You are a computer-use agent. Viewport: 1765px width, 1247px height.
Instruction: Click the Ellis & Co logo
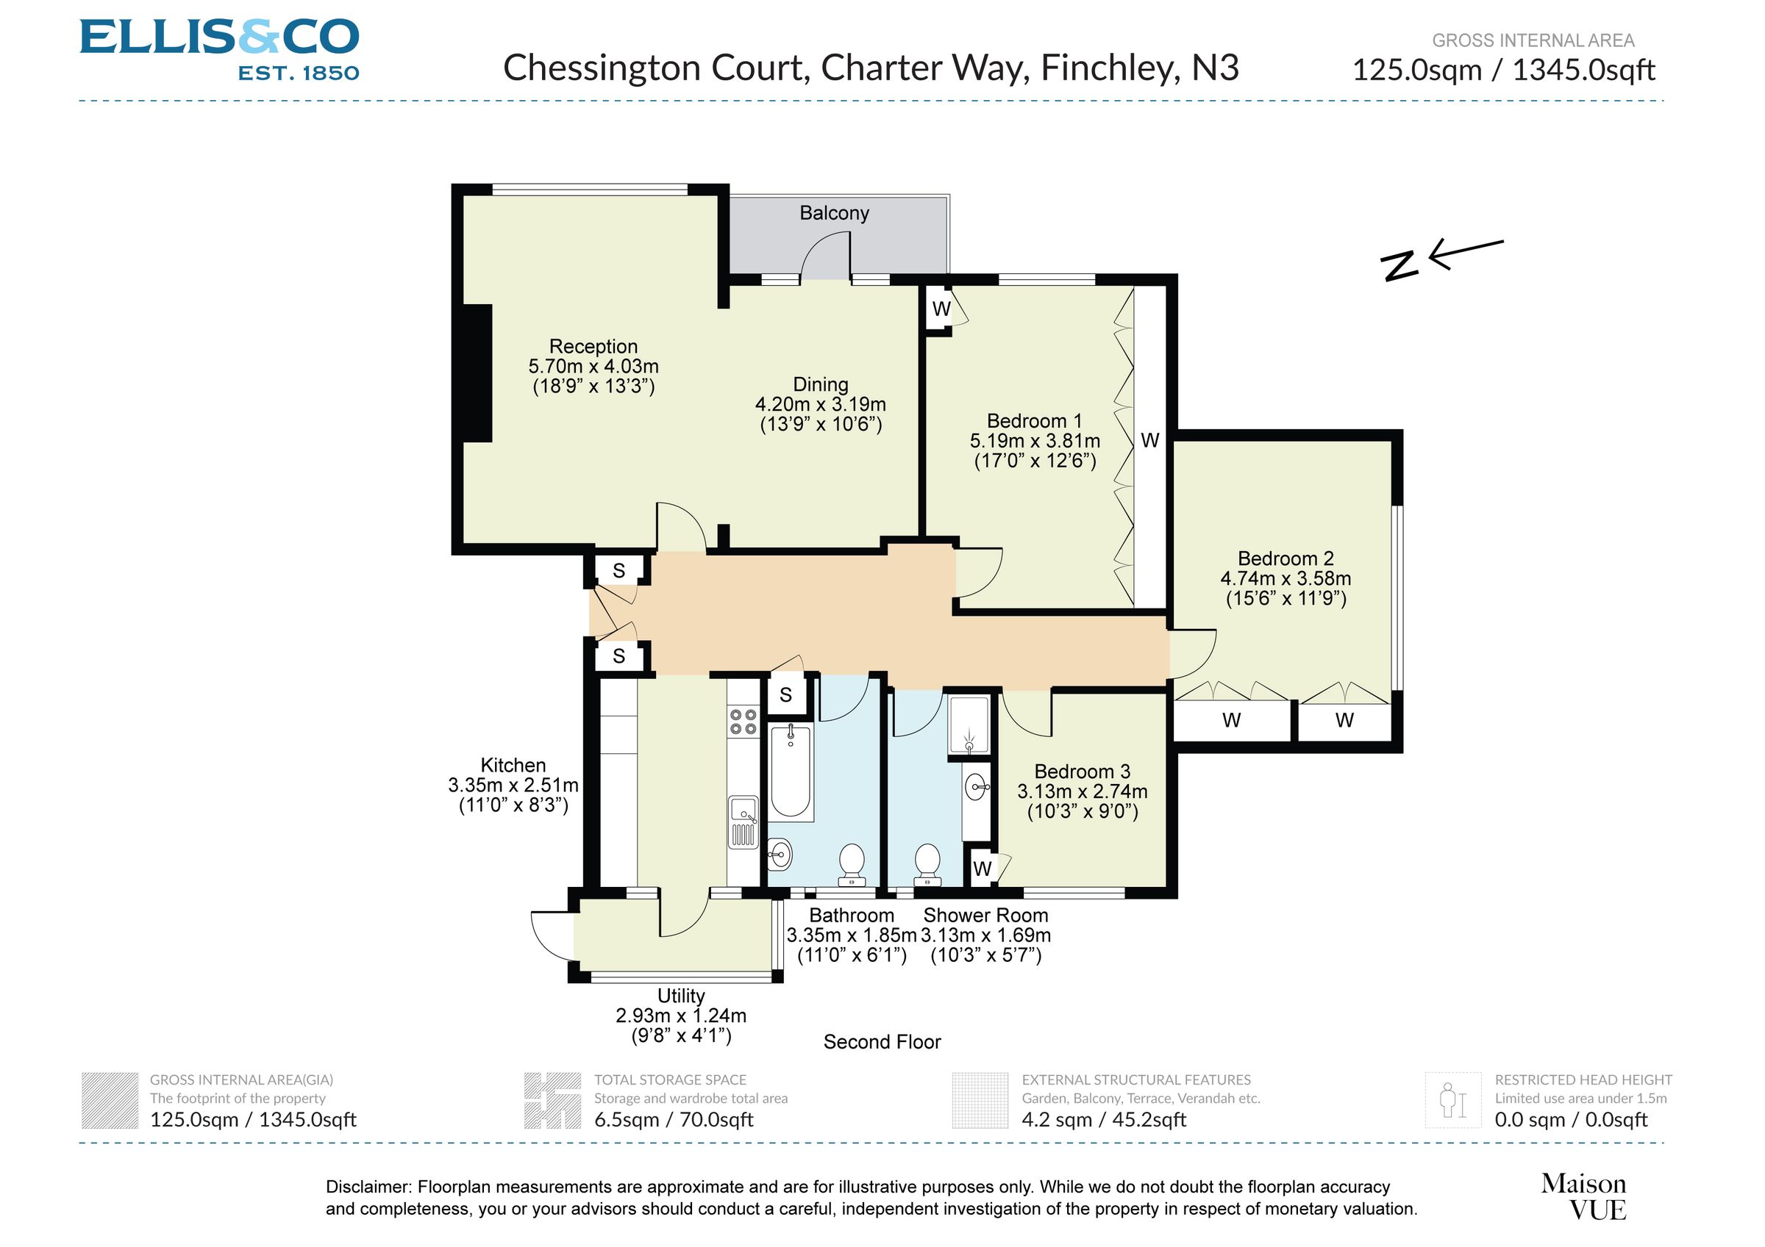coord(219,50)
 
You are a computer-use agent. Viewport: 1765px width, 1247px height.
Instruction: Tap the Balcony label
coord(834,213)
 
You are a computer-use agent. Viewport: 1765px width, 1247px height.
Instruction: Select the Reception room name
coord(593,347)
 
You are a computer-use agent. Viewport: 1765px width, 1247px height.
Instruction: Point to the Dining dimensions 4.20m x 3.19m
coord(820,404)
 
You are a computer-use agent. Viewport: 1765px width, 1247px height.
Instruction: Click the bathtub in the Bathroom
coord(791,771)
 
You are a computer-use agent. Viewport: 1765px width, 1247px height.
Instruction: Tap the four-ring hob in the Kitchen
coord(744,722)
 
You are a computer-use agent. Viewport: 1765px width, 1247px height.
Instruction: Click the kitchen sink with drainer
coord(744,822)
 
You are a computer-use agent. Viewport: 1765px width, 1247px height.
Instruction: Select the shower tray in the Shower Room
coord(969,725)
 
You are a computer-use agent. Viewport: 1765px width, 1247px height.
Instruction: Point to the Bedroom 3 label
coord(1082,772)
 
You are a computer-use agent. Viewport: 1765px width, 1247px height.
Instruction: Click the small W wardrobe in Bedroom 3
coord(982,869)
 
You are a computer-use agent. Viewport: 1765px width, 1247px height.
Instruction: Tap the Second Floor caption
coord(882,1042)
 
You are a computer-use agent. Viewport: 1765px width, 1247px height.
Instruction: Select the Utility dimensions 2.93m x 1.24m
coord(680,1016)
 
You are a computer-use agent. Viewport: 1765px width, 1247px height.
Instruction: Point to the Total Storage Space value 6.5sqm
coord(673,1119)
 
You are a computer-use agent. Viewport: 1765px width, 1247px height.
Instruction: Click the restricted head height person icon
coord(1452,1100)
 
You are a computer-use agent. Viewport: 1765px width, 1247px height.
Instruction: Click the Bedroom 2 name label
coord(1286,558)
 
